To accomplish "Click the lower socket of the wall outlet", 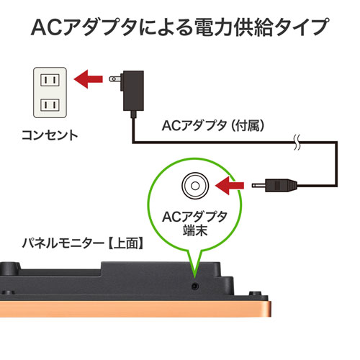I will pos(48,104).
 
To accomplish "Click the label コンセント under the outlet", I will pos(50,135).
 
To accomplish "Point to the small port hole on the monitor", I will pos(194,287).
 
